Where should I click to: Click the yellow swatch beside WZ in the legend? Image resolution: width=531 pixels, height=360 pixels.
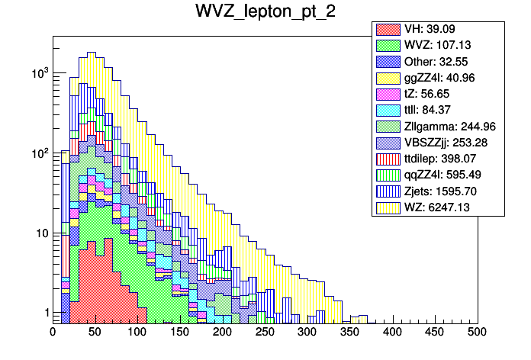click(x=385, y=207)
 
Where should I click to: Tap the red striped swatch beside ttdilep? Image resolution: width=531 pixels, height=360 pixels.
click(x=385, y=158)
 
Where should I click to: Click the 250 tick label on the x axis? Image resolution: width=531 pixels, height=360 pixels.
click(x=265, y=333)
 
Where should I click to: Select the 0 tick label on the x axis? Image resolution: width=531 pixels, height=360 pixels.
click(x=53, y=333)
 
